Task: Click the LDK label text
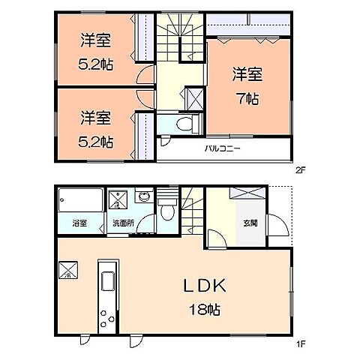[x=202, y=286]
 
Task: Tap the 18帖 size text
[x=203, y=307]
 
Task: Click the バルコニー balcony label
[x=223, y=148]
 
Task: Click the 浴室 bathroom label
[x=79, y=223]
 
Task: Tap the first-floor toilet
[x=169, y=213]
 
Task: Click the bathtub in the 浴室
[x=79, y=201]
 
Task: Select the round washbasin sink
[x=143, y=198]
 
